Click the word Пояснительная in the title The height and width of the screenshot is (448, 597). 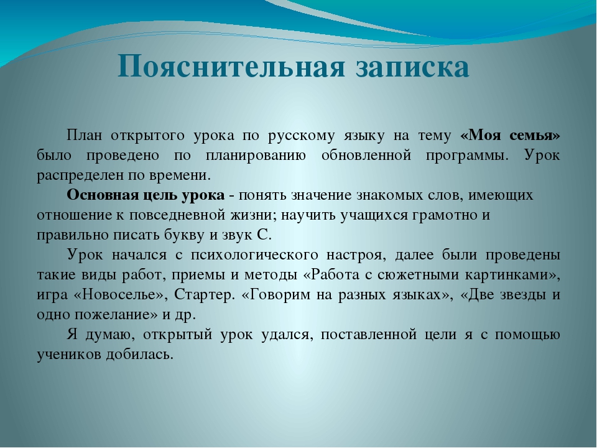click(231, 67)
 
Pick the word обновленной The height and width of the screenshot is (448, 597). click(366, 155)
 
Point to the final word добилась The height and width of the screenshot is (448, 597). click(140, 355)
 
